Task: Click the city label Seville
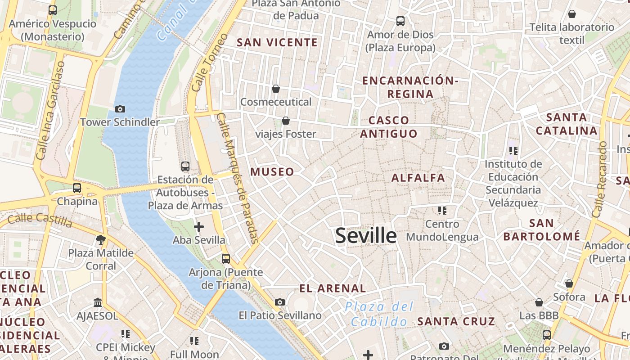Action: (x=366, y=236)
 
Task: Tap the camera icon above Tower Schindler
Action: (x=120, y=109)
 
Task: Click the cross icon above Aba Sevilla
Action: (x=198, y=227)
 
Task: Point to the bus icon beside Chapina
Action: (x=77, y=188)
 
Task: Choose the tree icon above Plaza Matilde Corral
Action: (x=101, y=240)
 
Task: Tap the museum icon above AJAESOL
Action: (x=98, y=302)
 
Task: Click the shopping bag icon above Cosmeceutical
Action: (x=275, y=89)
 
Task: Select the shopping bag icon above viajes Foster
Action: (x=286, y=121)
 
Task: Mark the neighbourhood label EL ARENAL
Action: (x=333, y=288)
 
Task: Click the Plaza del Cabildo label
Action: (x=379, y=314)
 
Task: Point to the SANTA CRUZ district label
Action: (x=456, y=321)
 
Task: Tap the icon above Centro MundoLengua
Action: (x=442, y=210)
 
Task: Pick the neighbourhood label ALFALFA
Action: (x=418, y=178)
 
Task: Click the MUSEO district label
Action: (x=272, y=171)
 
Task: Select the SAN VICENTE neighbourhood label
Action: (x=277, y=42)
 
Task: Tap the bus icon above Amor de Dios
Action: (x=400, y=21)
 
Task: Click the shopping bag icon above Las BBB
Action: (x=539, y=302)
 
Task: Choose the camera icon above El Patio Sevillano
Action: (x=280, y=302)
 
